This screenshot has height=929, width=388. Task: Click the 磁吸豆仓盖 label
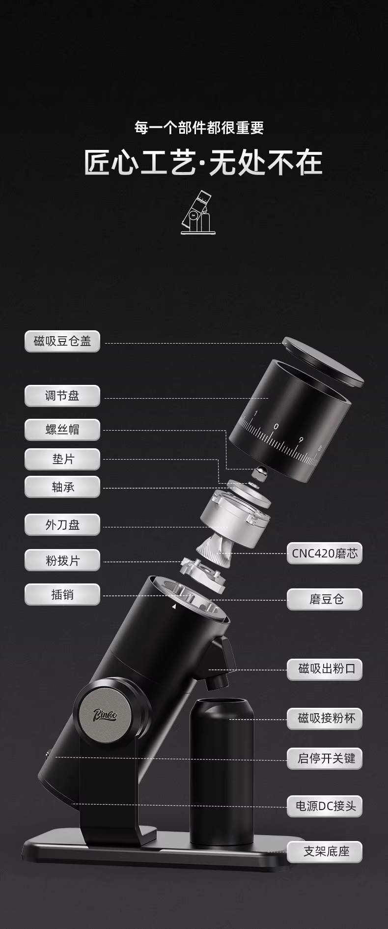click(x=62, y=341)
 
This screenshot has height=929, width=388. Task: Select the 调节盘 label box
click(x=62, y=396)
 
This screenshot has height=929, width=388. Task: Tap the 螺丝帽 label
click(x=62, y=430)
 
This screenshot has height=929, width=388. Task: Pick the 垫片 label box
click(x=62, y=459)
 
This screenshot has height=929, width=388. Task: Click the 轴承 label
click(x=62, y=487)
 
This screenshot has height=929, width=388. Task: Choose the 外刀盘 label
click(x=62, y=525)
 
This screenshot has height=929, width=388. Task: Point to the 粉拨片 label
click(x=62, y=560)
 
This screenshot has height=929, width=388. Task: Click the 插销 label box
click(x=62, y=595)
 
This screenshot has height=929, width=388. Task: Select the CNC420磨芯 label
click(x=325, y=553)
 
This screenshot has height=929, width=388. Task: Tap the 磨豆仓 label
click(x=325, y=599)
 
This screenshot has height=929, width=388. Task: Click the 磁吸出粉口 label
click(x=325, y=669)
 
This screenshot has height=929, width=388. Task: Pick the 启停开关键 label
click(x=325, y=758)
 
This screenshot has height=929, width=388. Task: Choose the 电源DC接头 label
click(x=325, y=806)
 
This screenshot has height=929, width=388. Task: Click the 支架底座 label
click(x=325, y=852)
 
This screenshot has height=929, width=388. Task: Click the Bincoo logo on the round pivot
click(x=105, y=715)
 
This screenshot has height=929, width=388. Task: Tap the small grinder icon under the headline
click(x=198, y=212)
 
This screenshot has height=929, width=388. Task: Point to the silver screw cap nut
click(x=259, y=472)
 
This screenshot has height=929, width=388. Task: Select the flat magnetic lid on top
click(x=323, y=361)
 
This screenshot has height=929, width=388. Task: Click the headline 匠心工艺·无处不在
click(x=203, y=163)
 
